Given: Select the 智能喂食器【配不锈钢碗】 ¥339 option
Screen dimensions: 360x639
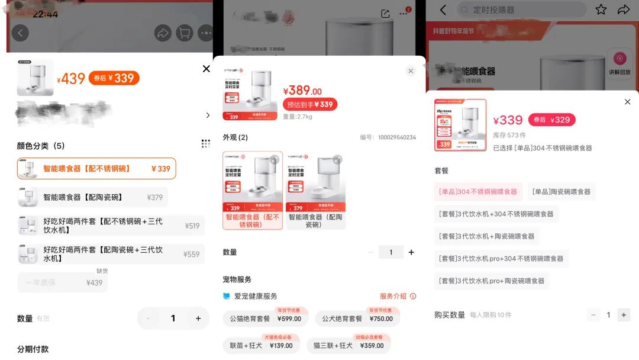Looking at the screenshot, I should tap(96, 169).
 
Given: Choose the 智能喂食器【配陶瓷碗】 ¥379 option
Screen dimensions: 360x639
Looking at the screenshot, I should tap(93, 197).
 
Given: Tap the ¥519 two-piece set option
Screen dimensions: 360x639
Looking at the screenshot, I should tap(111, 226).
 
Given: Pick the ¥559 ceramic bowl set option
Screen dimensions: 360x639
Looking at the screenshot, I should tap(111, 254).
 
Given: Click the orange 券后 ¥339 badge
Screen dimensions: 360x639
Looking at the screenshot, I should tap(114, 78).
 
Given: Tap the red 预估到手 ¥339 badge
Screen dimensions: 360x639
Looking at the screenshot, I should tap(309, 104).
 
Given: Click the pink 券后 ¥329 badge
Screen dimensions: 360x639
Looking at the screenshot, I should tap(551, 120).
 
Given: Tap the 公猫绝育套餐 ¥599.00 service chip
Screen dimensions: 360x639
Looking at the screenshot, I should tap(266, 319).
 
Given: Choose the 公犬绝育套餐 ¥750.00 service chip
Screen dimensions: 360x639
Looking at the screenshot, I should tap(357, 319).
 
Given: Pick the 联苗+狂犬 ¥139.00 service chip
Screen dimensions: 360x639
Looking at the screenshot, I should tap(261, 345).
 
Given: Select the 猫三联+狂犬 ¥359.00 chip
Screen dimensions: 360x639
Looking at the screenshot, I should tap(348, 345).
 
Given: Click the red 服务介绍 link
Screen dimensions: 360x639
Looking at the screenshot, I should tap(398, 296).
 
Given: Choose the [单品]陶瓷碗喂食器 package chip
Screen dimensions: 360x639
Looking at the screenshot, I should tap(561, 192).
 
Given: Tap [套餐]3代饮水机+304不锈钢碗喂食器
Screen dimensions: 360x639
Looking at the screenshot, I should tap(496, 214).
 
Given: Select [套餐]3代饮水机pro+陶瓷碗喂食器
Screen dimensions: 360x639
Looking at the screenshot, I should tap(491, 281).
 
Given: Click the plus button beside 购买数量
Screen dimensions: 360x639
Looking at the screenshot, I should tap(623, 315).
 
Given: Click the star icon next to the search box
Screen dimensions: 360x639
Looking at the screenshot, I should tap(601, 9).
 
